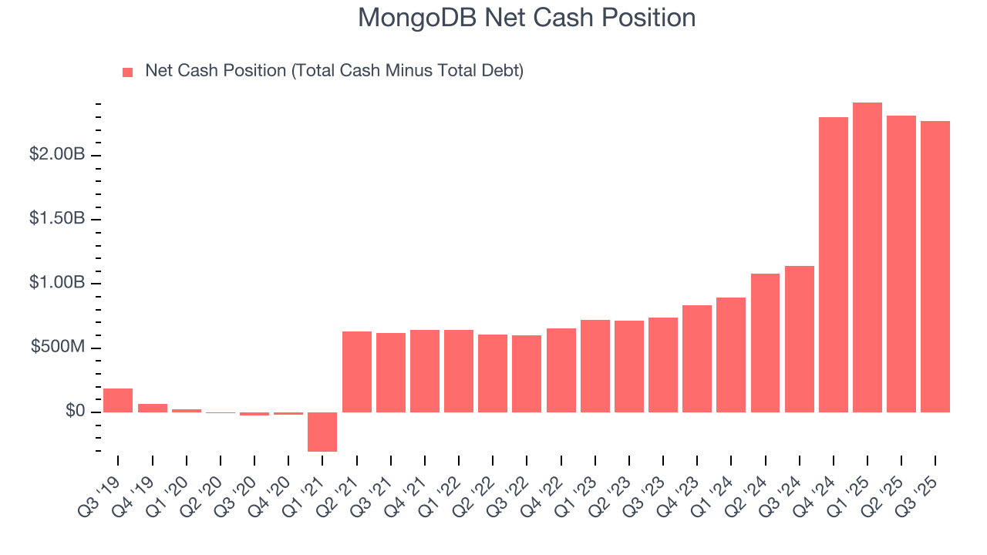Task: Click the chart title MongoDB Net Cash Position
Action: coord(527,18)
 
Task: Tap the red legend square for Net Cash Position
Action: coord(128,72)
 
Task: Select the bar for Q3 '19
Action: coord(118,400)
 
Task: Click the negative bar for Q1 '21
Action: coord(322,432)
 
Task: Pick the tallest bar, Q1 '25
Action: coord(867,257)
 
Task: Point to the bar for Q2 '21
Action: coord(356,372)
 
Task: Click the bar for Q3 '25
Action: coord(935,267)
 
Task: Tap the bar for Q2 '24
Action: coord(764,343)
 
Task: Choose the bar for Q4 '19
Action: coord(152,408)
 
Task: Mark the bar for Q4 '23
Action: coord(696,358)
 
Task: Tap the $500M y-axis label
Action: coord(58,348)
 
